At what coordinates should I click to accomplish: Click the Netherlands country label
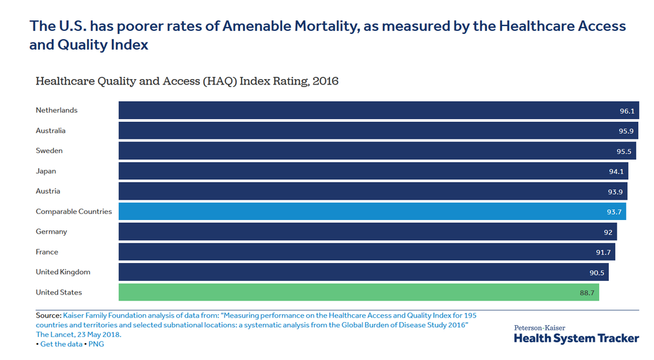tap(56, 110)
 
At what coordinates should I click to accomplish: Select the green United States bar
tap(359, 292)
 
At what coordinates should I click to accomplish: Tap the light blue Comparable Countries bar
tap(372, 211)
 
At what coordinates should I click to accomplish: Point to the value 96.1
tap(627, 111)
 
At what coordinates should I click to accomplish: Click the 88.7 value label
tap(587, 293)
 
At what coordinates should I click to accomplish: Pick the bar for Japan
tap(373, 171)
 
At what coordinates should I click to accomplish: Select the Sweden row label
tap(49, 151)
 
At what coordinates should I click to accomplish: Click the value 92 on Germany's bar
tap(608, 232)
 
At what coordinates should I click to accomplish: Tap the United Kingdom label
tap(63, 272)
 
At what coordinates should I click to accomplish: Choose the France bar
tap(367, 252)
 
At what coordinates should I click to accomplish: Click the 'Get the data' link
tap(62, 344)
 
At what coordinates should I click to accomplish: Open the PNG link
tap(96, 344)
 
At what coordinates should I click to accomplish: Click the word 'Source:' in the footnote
tap(48, 315)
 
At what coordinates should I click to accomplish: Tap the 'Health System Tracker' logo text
tap(576, 338)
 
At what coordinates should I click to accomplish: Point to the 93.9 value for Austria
tap(615, 192)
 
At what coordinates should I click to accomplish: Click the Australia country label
tap(50, 130)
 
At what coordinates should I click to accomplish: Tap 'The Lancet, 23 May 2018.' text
tap(79, 334)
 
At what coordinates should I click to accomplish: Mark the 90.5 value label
tap(597, 273)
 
